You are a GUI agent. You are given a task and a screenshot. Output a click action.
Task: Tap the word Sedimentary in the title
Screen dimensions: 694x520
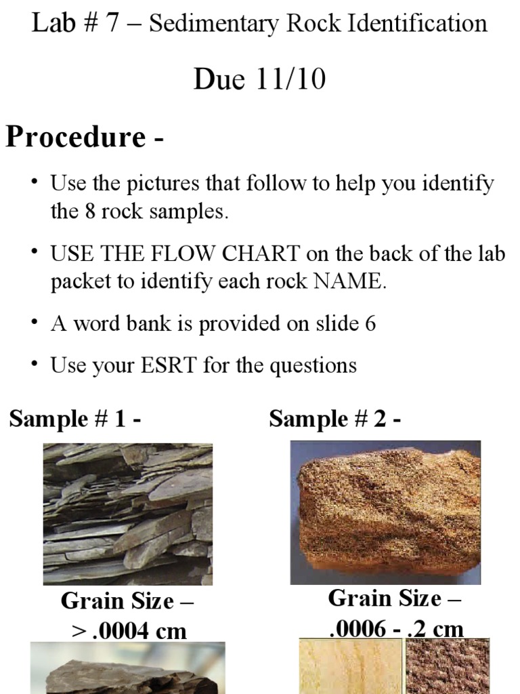click(214, 24)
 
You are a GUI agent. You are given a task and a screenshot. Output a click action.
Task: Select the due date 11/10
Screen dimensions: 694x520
click(292, 79)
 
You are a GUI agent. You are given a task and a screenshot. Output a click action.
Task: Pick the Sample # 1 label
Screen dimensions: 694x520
click(75, 419)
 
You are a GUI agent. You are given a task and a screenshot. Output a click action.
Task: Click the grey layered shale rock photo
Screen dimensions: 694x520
click(128, 514)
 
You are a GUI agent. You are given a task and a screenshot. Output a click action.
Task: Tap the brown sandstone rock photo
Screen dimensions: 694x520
click(385, 512)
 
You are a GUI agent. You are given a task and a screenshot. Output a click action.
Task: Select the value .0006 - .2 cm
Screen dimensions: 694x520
click(396, 629)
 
